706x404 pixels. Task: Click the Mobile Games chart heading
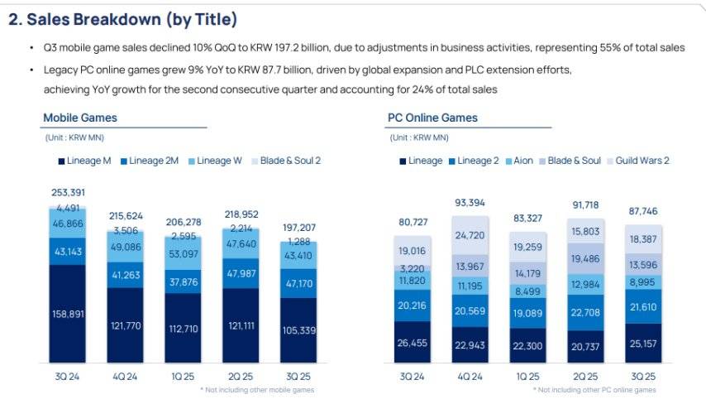pyautogui.click(x=80, y=118)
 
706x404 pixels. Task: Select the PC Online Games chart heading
pyautogui.click(x=432, y=118)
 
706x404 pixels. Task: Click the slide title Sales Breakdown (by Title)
pyautogui.click(x=122, y=19)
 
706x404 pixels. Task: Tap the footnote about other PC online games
pyautogui.click(x=594, y=389)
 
